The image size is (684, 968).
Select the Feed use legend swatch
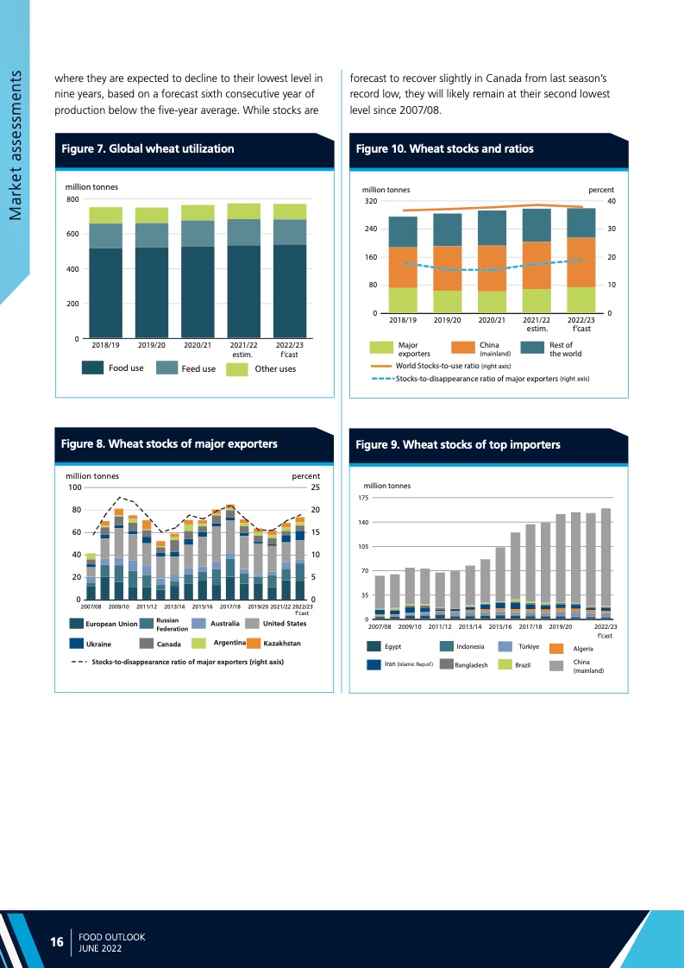coord(166,368)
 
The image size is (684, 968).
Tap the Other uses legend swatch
coord(236,368)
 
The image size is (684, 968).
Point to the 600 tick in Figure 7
coord(72,234)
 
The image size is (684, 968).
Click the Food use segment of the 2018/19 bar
coord(105,293)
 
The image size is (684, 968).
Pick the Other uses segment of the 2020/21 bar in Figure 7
coord(198,213)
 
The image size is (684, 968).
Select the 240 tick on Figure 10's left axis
coord(370,229)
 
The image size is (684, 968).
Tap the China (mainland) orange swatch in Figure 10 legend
coord(462,349)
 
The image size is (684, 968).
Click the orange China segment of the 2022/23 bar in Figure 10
coord(580,262)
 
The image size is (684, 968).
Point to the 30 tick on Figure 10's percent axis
coord(610,229)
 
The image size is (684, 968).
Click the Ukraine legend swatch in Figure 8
coord(77,644)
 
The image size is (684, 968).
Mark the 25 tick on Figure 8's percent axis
coord(314,487)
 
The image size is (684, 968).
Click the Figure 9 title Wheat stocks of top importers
coord(458,444)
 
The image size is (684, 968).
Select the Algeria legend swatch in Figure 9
coord(557,648)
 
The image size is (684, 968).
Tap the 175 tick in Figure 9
coord(363,498)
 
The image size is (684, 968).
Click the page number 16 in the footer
coord(57,942)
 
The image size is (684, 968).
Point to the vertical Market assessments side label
coord(15,146)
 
